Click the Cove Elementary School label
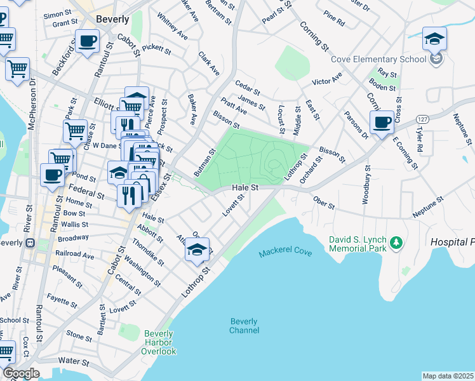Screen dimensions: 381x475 tap(378, 60)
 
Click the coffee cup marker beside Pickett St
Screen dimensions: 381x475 tap(88, 43)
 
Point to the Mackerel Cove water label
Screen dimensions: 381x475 tap(285, 253)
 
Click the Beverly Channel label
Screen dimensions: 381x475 tap(244, 326)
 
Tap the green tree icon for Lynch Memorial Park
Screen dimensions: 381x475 tap(397, 242)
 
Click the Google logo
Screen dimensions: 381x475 tap(21, 373)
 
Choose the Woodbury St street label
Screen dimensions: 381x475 tap(366, 184)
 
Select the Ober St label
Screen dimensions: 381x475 tap(323, 200)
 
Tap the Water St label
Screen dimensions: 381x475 tap(73, 361)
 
